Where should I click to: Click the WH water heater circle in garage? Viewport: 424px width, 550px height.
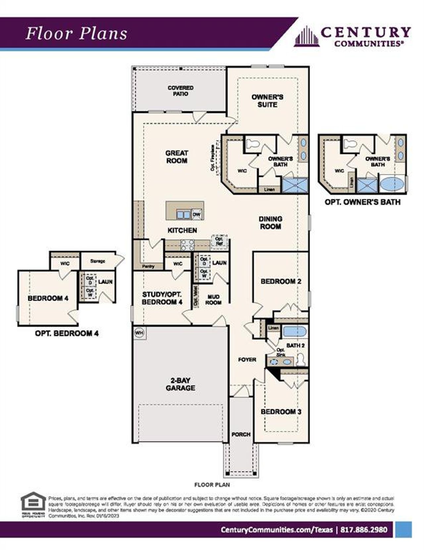point(139,332)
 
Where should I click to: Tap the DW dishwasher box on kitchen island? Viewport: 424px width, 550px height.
point(197,215)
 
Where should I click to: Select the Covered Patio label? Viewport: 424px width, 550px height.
point(181,91)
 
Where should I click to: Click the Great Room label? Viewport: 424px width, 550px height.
point(177,157)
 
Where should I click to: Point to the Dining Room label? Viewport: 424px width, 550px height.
point(270,223)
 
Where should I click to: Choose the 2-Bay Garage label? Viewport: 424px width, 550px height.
point(180,384)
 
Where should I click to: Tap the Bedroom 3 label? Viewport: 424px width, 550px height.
point(281,412)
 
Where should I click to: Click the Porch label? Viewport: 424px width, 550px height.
point(241,434)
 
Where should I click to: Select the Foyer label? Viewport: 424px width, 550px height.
point(247,360)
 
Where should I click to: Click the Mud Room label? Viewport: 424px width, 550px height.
point(213,300)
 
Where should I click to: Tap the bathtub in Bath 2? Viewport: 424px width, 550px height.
point(295,331)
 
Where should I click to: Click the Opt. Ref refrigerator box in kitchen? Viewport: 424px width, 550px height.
point(219,241)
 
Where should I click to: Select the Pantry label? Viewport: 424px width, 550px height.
point(148,266)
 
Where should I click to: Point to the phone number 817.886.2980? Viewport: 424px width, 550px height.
point(364,530)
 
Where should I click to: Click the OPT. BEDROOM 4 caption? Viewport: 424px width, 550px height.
point(67,333)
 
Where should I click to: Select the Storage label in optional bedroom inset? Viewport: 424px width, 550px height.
point(97,261)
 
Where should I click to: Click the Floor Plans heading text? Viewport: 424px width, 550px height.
point(77,34)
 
